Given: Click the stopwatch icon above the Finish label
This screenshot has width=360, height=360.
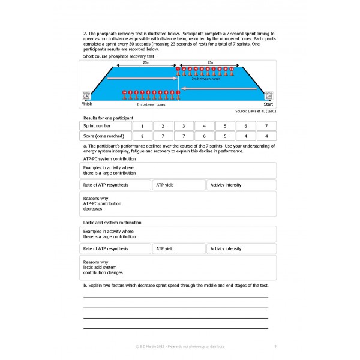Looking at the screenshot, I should (87, 95).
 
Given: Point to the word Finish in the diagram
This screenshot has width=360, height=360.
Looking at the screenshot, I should (88, 104).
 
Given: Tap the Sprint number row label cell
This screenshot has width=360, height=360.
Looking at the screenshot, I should (106, 127).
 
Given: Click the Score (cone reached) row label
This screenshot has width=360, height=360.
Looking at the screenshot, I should (106, 137).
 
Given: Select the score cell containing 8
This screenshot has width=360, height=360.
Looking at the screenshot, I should (142, 137).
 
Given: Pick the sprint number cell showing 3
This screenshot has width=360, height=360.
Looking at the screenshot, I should (183, 127).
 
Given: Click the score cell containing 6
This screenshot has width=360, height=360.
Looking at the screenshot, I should (204, 137).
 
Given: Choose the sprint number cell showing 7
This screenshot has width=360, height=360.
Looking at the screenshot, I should (266, 127).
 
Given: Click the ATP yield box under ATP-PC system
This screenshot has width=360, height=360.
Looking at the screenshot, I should (179, 185).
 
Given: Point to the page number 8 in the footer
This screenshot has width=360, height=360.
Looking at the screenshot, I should (275, 346).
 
